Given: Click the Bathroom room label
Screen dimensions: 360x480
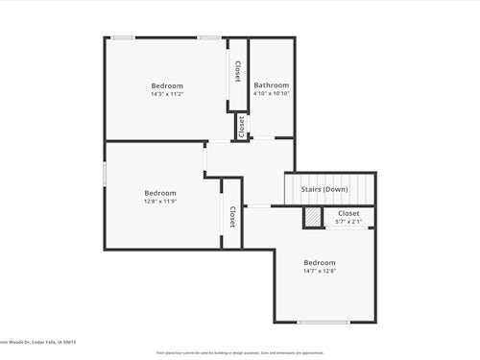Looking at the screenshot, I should pyautogui.click(x=271, y=85).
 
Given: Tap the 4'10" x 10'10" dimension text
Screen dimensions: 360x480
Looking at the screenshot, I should pyautogui.click(x=271, y=94).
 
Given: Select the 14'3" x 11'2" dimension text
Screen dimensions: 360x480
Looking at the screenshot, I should pyautogui.click(x=167, y=94).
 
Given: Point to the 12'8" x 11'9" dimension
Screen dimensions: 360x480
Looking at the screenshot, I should pyautogui.click(x=160, y=202).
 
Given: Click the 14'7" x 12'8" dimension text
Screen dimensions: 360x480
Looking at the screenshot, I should pyautogui.click(x=320, y=271).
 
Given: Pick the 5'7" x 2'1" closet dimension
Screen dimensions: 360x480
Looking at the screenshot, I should pyautogui.click(x=348, y=222).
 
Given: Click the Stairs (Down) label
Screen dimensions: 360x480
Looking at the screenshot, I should pyautogui.click(x=324, y=189).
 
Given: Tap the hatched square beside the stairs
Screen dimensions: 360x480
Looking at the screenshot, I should pyautogui.click(x=312, y=219).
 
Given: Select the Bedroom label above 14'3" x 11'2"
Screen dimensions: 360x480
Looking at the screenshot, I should pyautogui.click(x=167, y=85).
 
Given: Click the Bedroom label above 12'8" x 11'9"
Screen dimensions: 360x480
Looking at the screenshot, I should pyautogui.click(x=160, y=193).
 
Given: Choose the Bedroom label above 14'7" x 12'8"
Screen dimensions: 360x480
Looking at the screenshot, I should pyautogui.click(x=320, y=262).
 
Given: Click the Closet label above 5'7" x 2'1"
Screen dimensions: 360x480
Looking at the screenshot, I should pyautogui.click(x=348, y=213).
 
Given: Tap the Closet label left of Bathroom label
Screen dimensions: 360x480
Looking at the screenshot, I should pyautogui.click(x=237, y=73).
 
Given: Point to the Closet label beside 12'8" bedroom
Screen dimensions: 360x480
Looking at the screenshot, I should pyautogui.click(x=232, y=218).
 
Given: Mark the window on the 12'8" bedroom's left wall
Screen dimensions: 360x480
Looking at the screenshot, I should pyautogui.click(x=106, y=175).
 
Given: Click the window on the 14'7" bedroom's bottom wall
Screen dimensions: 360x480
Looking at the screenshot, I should pyautogui.click(x=324, y=322).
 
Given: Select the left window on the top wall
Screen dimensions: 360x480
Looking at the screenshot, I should pyautogui.click(x=122, y=37).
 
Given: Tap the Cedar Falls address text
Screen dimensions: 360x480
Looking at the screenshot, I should pyautogui.click(x=38, y=342).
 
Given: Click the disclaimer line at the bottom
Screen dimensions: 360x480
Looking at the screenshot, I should pyautogui.click(x=240, y=352).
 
